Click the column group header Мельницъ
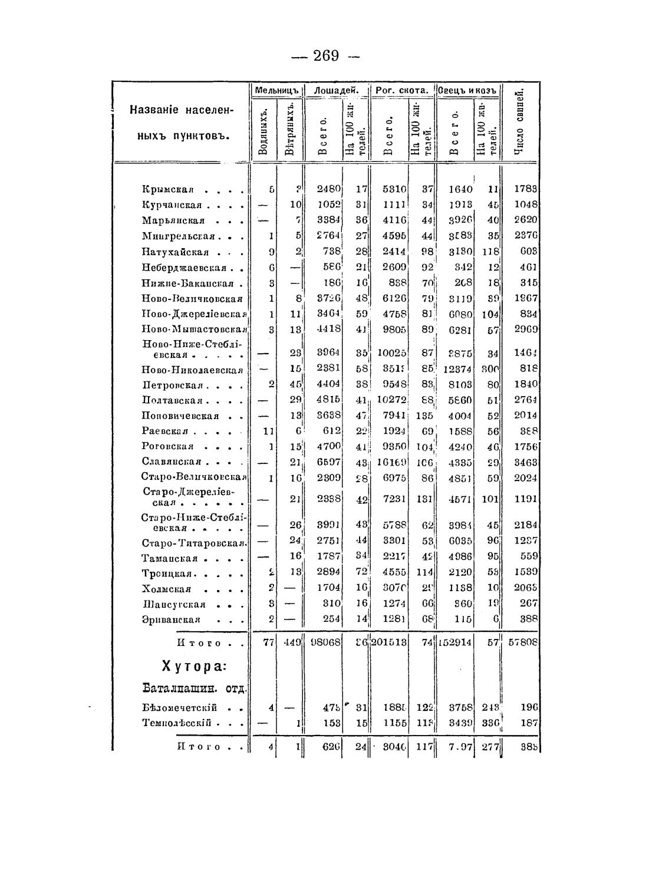[x=277, y=90]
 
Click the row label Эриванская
[x=171, y=619]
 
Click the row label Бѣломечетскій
[x=180, y=707]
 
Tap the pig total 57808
[x=523, y=643]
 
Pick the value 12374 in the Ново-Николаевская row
[x=457, y=370]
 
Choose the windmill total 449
[x=292, y=643]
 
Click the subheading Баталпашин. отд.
[x=194, y=688]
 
